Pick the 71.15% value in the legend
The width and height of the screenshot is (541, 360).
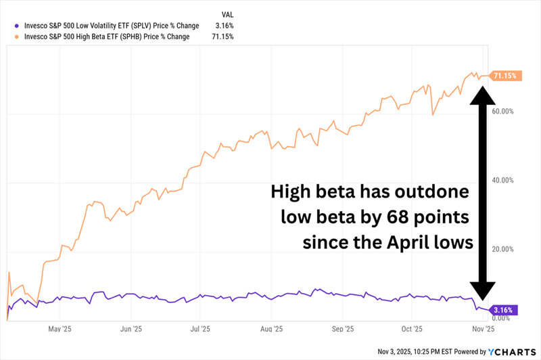pos(223,36)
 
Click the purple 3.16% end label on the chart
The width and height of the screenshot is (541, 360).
pos(504,310)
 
